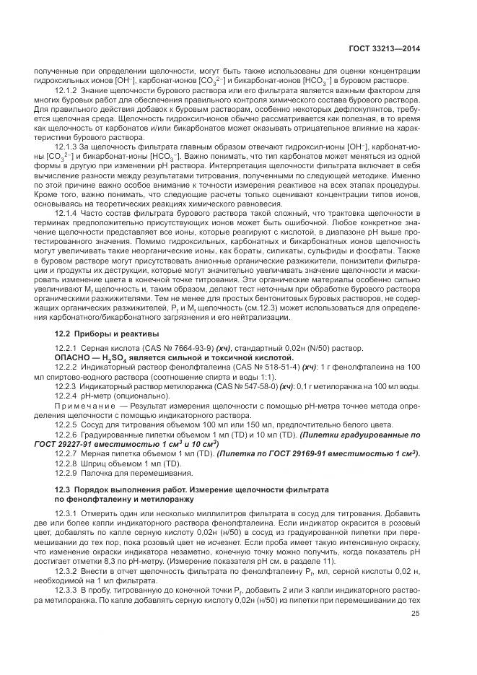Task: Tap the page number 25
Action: coord(416,635)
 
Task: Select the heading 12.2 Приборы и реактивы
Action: coord(104,333)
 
